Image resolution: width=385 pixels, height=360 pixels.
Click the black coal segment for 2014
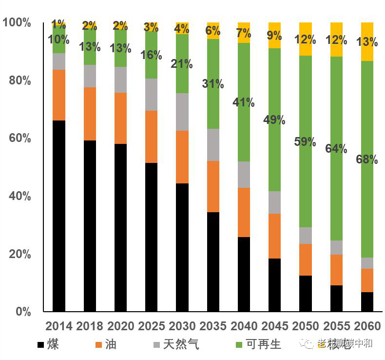pos(59,216)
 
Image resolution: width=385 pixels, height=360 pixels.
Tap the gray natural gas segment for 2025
pos(152,95)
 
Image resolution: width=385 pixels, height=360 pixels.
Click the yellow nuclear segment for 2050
pos(306,39)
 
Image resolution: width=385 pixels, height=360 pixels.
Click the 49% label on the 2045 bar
pos(274,120)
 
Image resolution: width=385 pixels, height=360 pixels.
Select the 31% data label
pos(213,84)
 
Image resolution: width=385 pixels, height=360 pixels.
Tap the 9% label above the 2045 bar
pos(274,35)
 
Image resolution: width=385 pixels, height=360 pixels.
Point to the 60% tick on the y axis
pos(20,139)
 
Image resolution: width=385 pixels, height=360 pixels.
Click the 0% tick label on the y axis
pos(23,312)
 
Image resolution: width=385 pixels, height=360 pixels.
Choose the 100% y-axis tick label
pos(17,23)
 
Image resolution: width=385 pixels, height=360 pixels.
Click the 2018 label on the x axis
pos(90,326)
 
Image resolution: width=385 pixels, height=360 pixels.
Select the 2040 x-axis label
pos(244,326)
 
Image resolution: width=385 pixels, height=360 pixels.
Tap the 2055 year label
pos(336,326)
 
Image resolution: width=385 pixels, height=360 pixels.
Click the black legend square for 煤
pos(41,345)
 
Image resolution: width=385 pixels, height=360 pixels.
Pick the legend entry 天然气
pos(181,344)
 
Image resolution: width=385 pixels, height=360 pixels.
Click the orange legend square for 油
pos(99,345)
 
